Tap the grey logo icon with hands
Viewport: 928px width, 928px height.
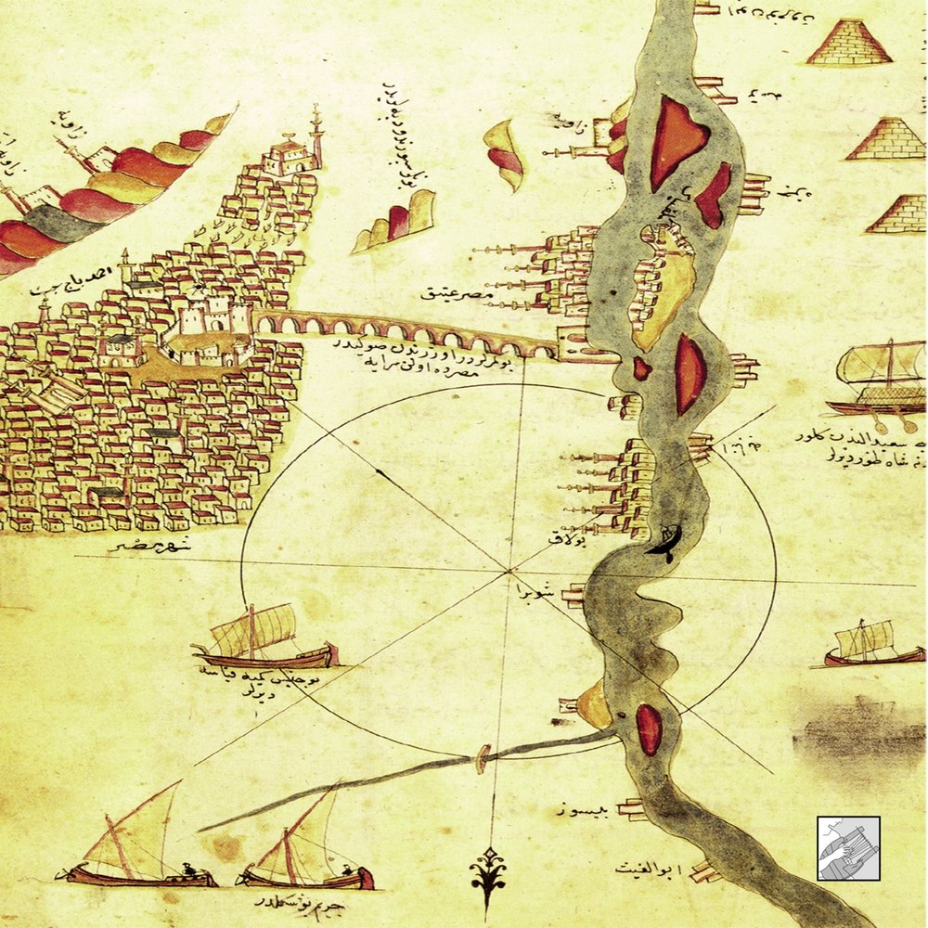pyautogui.click(x=848, y=848)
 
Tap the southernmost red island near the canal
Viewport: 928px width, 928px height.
pyautogui.click(x=649, y=729)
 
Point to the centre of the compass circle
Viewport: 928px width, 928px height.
pyautogui.click(x=508, y=567)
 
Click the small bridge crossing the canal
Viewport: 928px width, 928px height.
pyautogui.click(x=482, y=758)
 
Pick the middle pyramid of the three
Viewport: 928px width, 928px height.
pyautogui.click(x=885, y=139)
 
